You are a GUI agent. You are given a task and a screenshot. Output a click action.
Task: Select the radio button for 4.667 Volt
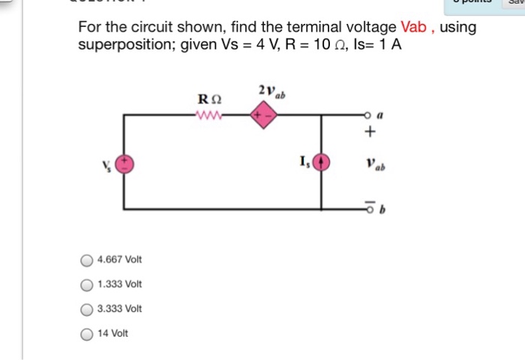coord(88,260)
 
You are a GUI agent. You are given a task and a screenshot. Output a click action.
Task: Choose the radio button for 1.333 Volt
coord(88,284)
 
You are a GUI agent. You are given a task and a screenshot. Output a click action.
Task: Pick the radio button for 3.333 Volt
coord(88,309)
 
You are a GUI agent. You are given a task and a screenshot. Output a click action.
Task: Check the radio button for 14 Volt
coord(88,333)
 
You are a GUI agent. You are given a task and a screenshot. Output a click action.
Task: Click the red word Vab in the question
coord(413,28)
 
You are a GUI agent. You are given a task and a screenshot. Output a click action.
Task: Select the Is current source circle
coord(322,163)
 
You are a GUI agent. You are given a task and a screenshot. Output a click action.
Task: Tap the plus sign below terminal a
coord(369,133)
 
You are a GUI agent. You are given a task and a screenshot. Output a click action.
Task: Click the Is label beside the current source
coord(304,160)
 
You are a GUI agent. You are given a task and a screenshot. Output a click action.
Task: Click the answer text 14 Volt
coord(113,333)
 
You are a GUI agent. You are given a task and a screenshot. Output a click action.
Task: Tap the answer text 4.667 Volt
coord(120,260)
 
